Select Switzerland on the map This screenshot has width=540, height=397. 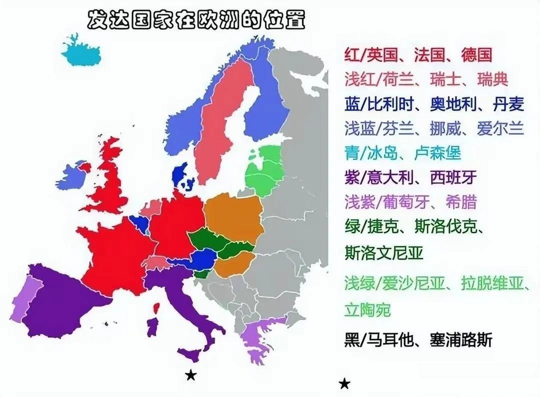pos(155,262)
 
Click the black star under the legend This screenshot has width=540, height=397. pos(344,384)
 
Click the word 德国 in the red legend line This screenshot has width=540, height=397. pos(476,55)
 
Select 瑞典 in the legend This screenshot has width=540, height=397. pos(493,79)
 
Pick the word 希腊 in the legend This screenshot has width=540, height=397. pos(461,202)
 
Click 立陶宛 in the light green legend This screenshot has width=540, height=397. pos(368,310)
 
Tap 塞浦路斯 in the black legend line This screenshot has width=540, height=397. pos(461,340)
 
